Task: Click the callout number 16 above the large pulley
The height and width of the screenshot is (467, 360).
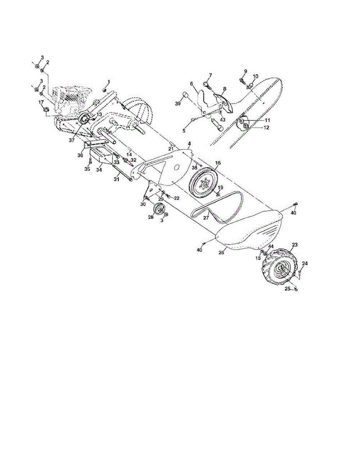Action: pos(217,163)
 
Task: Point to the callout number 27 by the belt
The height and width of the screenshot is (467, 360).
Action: pos(206,218)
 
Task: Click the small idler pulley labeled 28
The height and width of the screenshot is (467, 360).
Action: pos(159,210)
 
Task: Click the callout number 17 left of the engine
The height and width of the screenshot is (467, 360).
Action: pos(41,102)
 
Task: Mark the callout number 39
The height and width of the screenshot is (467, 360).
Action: pos(178,104)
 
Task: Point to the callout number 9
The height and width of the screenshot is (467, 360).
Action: pos(245,71)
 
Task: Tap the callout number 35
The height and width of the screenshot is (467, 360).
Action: pos(88,169)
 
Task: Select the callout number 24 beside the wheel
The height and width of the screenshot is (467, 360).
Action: pos(305,263)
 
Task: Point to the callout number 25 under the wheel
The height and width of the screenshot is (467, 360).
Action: pos(288,289)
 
